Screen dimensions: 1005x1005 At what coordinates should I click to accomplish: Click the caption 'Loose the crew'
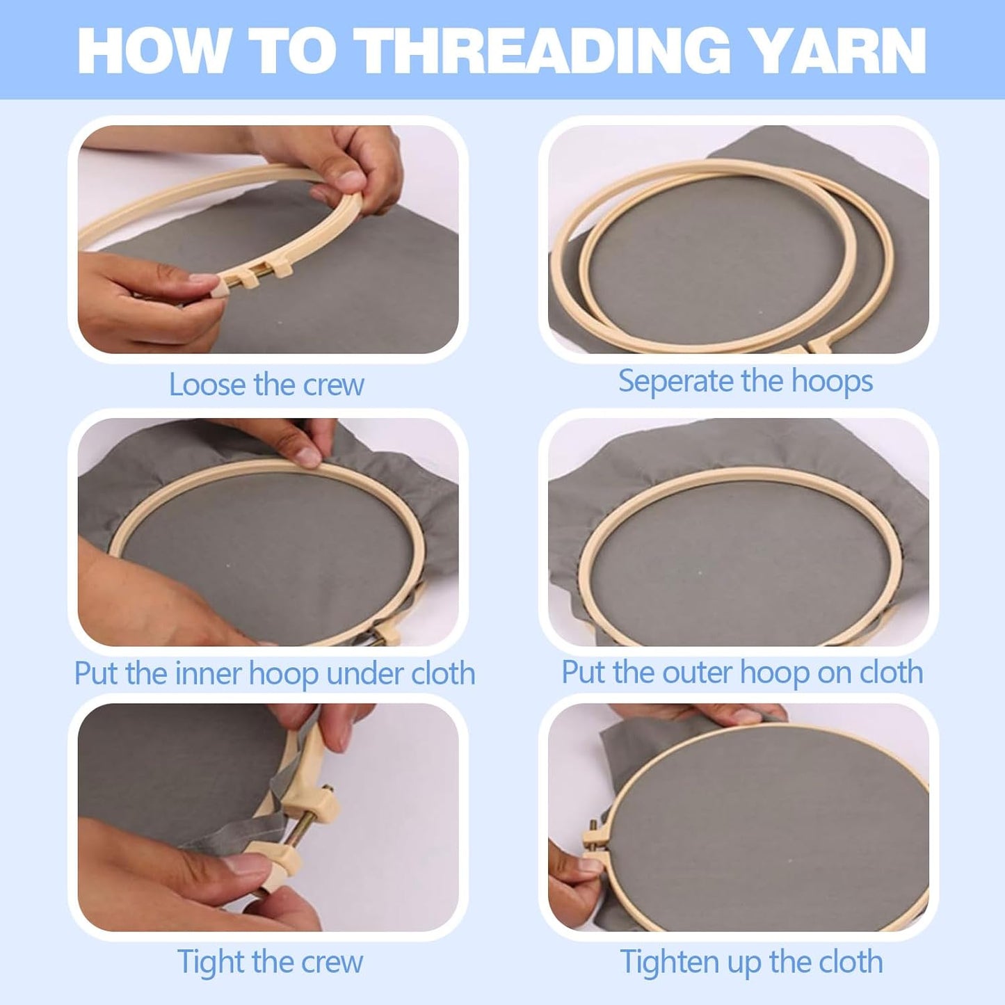266,385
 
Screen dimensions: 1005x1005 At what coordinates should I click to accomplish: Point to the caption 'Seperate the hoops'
746,381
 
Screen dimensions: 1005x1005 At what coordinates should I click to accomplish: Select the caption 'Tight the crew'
270,961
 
